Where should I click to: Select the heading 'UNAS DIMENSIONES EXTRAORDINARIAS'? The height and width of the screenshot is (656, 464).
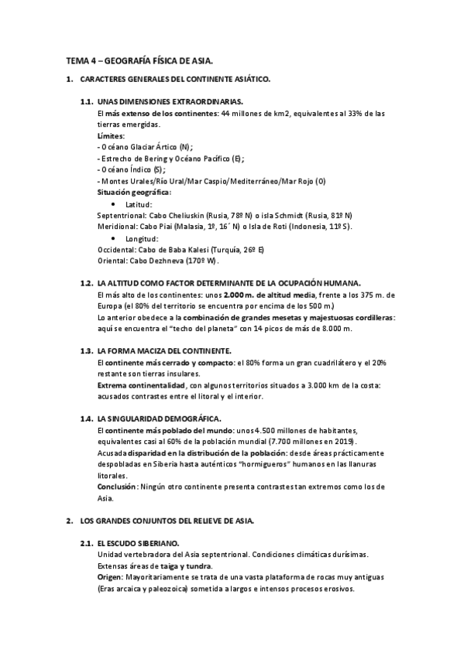pyautogui.click(x=170, y=102)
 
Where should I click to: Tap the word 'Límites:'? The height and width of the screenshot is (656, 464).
pyautogui.click(x=111, y=135)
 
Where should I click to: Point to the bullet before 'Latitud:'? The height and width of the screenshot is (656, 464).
pyautogui.click(x=115, y=203)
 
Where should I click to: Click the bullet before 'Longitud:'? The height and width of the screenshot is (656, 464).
pyautogui.click(x=115, y=239)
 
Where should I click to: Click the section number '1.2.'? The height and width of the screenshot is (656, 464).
pyautogui.click(x=87, y=284)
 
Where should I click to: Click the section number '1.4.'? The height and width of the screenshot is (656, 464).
pyautogui.click(x=87, y=419)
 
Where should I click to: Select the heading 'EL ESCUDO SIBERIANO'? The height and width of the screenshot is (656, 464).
pyautogui.click(x=139, y=543)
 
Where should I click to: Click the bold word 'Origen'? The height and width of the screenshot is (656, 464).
pyautogui.click(x=110, y=577)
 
